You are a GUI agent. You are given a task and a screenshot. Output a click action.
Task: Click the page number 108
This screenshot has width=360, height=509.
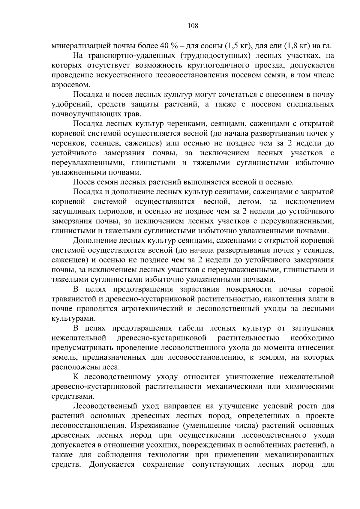(x=193, y=26)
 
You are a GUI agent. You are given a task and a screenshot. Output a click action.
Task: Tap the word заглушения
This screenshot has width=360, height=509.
(x=313, y=328)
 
